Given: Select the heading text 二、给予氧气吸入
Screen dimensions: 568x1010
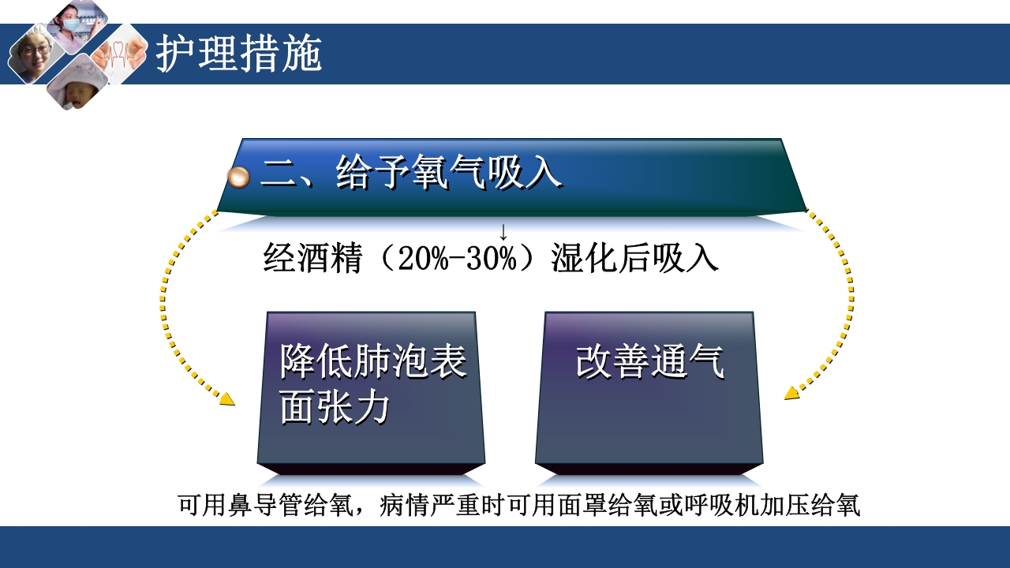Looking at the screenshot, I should pyautogui.click(x=411, y=173).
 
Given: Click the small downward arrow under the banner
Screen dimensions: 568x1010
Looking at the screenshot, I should pyautogui.click(x=503, y=233).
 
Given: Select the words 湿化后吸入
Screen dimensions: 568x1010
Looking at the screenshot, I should pyautogui.click(x=635, y=259).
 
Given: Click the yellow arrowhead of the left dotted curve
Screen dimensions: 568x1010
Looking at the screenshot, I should pyautogui.click(x=227, y=399).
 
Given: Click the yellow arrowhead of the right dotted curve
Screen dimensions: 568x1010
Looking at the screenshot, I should pyautogui.click(x=791, y=394).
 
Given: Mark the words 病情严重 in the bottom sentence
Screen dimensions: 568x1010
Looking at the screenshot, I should pyautogui.click(x=427, y=505).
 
